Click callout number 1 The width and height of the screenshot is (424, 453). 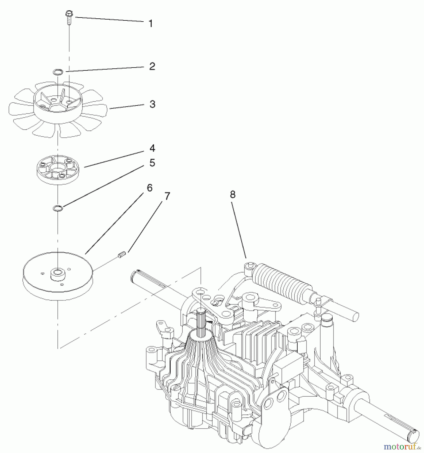tap(150, 24)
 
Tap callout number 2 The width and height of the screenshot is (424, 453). tap(152, 66)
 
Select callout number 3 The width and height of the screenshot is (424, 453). tap(152, 104)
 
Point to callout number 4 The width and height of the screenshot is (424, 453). tap(152, 148)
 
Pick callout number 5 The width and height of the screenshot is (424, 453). tap(152, 163)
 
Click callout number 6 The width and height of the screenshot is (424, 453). tap(150, 188)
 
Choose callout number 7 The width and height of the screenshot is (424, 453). tap(167, 196)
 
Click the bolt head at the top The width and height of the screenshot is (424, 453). tap(69, 13)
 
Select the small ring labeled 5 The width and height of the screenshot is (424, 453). tap(58, 208)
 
